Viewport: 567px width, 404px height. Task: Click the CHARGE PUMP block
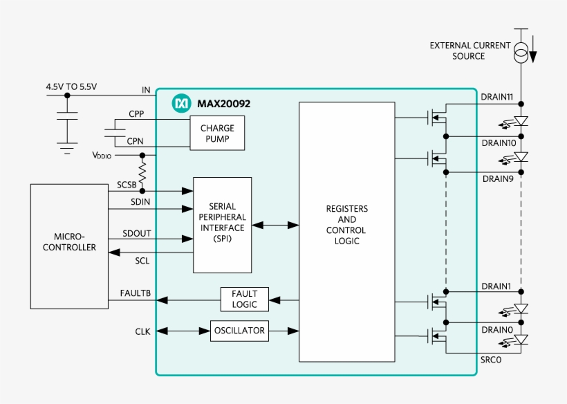pyautogui.click(x=217, y=133)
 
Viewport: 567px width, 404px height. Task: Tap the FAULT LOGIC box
pyautogui.click(x=245, y=300)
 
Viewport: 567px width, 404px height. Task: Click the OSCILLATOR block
pyautogui.click(x=239, y=331)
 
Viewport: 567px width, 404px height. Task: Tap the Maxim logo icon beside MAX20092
pyautogui.click(x=180, y=104)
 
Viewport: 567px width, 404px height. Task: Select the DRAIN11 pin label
pyautogui.click(x=497, y=98)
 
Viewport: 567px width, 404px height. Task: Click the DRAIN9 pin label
pyautogui.click(x=497, y=178)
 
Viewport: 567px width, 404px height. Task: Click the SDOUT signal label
pyautogui.click(x=136, y=233)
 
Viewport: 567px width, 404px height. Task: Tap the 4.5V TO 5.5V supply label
pyautogui.click(x=71, y=87)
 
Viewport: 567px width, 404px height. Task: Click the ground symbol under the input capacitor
pyautogui.click(x=67, y=147)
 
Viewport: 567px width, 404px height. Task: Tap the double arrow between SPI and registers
pyautogui.click(x=275, y=225)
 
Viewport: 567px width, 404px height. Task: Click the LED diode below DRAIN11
pyautogui.click(x=522, y=121)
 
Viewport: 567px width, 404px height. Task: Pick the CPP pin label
pyautogui.click(x=136, y=113)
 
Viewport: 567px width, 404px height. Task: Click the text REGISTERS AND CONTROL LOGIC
pyautogui.click(x=347, y=225)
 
